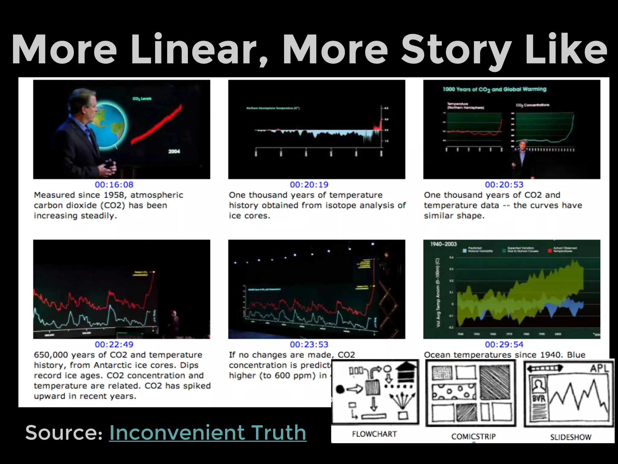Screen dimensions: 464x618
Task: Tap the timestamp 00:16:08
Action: point(114,185)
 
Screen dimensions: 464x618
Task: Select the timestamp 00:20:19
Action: point(309,185)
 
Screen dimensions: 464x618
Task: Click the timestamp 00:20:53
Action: point(504,185)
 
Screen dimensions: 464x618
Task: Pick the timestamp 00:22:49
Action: point(114,344)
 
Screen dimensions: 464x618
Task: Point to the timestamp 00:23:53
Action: point(309,344)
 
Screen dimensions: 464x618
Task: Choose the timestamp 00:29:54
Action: point(504,344)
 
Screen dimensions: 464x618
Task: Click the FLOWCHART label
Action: point(374,434)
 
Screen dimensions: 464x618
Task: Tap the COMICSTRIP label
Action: point(473,437)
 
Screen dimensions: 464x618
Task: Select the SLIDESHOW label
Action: point(571,437)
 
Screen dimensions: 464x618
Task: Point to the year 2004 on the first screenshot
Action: point(174,151)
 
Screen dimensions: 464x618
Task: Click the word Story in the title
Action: point(456,50)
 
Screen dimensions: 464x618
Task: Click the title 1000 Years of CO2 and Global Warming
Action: point(494,89)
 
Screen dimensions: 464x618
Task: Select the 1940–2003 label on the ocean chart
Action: point(443,244)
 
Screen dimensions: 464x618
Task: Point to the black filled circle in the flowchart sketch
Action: point(340,389)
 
